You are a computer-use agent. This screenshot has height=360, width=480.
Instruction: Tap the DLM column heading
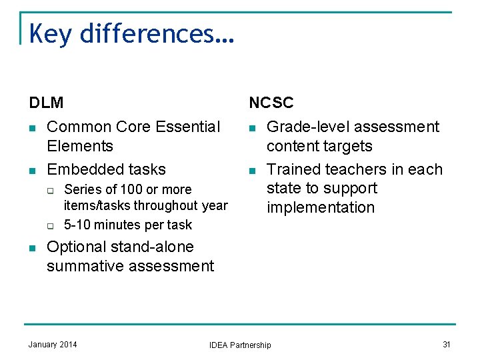click(46, 103)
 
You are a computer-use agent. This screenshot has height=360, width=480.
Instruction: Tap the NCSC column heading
click(271, 103)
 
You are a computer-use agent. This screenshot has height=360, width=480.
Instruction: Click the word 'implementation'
click(321, 207)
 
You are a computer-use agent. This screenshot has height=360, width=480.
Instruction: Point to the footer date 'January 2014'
click(53, 344)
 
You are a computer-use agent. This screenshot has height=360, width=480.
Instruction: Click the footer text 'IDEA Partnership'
click(240, 345)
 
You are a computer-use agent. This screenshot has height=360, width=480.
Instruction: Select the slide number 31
click(446, 344)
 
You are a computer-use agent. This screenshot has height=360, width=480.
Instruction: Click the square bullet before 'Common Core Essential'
click(32, 127)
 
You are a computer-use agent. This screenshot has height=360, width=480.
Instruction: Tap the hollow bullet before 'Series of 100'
click(50, 190)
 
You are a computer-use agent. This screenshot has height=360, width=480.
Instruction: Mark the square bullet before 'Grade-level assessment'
click(252, 127)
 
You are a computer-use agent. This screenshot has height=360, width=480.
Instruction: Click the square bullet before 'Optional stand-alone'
click(32, 248)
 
